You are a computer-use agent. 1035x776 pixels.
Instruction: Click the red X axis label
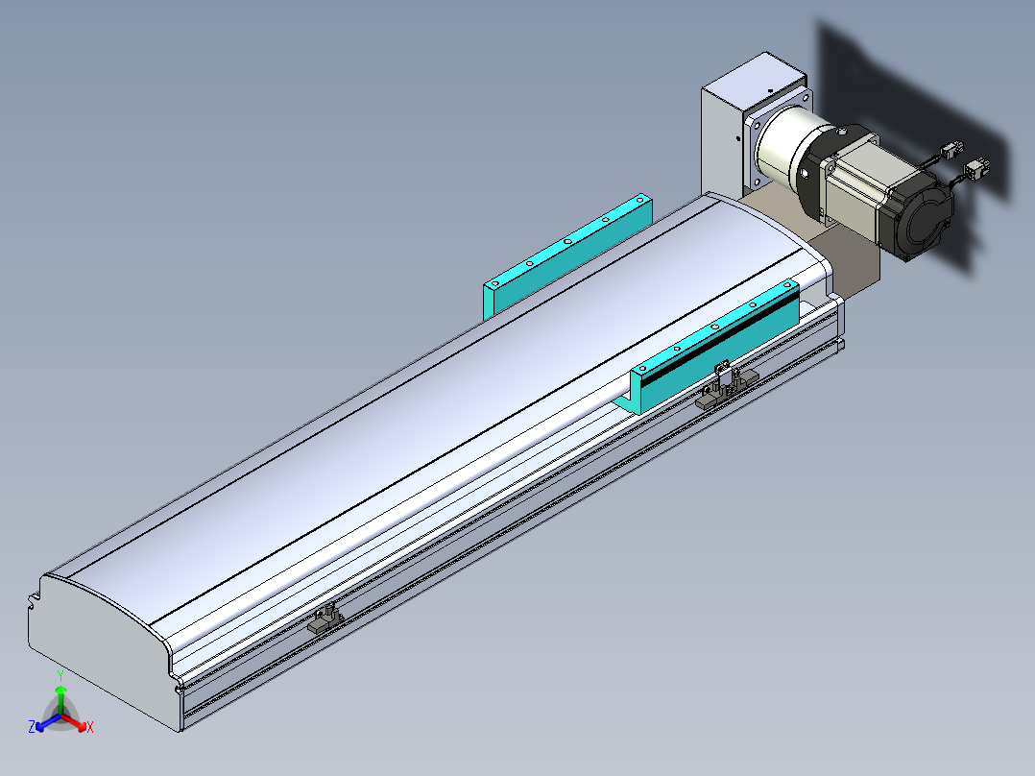(x=90, y=727)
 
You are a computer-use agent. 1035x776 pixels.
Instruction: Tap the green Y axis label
(x=60, y=675)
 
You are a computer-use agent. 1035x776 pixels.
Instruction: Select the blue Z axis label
(x=31, y=726)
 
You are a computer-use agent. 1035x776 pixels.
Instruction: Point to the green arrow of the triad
(x=60, y=699)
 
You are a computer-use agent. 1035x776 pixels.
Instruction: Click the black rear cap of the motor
(x=918, y=214)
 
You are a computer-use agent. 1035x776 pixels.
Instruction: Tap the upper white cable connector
(x=951, y=150)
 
